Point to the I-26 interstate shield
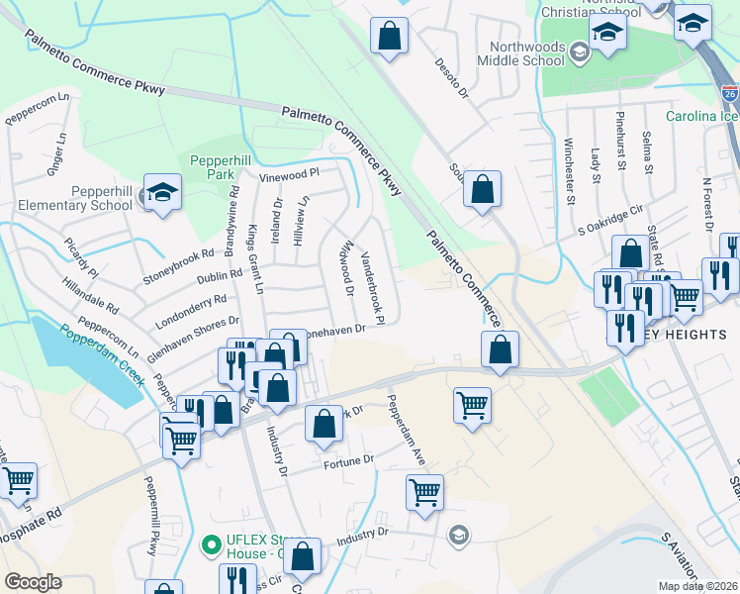coord(729,95)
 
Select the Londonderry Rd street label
coord(192,298)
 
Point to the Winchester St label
coord(570,173)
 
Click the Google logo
coord(33,582)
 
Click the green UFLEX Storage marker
coord(210,544)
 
